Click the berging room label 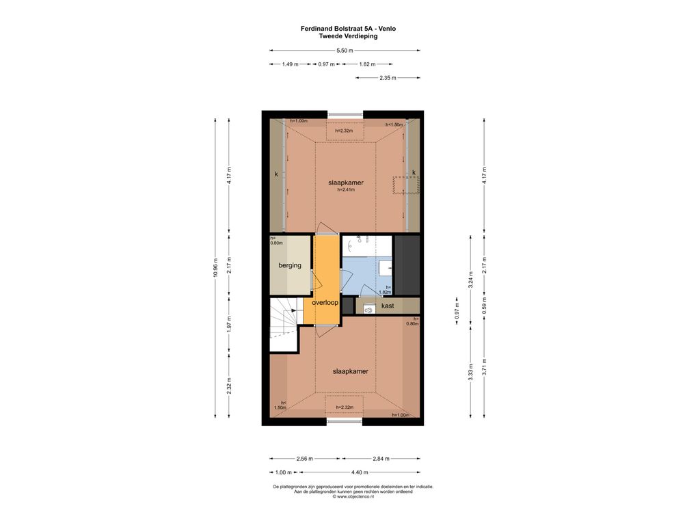pos(290,265)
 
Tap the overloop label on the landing pos(325,302)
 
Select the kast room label pos(388,306)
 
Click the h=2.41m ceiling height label pos(346,190)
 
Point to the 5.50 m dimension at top pos(345,51)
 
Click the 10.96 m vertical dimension pos(215,268)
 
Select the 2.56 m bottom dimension pos(304,459)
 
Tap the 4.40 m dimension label pos(360,472)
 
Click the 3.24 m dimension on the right pos(470,280)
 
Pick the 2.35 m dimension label pos(388,78)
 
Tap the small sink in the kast pos(368,308)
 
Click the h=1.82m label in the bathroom pos(386,290)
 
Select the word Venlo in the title pos(387,29)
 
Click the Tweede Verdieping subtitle pos(348,36)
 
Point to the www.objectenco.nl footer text pos(353,496)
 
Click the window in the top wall pos(345,115)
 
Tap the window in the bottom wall pos(345,421)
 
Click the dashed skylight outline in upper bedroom pos(406,185)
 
